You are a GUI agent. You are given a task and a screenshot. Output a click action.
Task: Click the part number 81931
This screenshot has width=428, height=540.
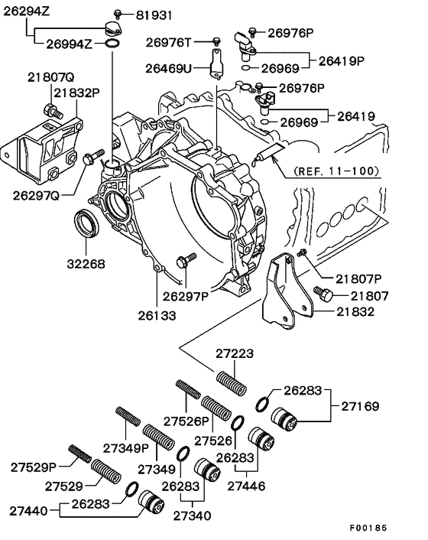tap(154, 15)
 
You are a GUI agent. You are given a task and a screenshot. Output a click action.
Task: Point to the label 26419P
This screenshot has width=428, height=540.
tap(342, 60)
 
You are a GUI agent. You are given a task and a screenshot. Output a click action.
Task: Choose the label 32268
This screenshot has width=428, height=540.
tap(86, 264)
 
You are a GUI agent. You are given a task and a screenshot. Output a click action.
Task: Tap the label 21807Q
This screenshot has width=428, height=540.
tap(51, 77)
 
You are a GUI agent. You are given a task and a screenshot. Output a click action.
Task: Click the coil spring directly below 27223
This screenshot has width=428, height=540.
tap(230, 382)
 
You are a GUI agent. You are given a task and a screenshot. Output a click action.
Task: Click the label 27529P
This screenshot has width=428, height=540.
tap(34, 466)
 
